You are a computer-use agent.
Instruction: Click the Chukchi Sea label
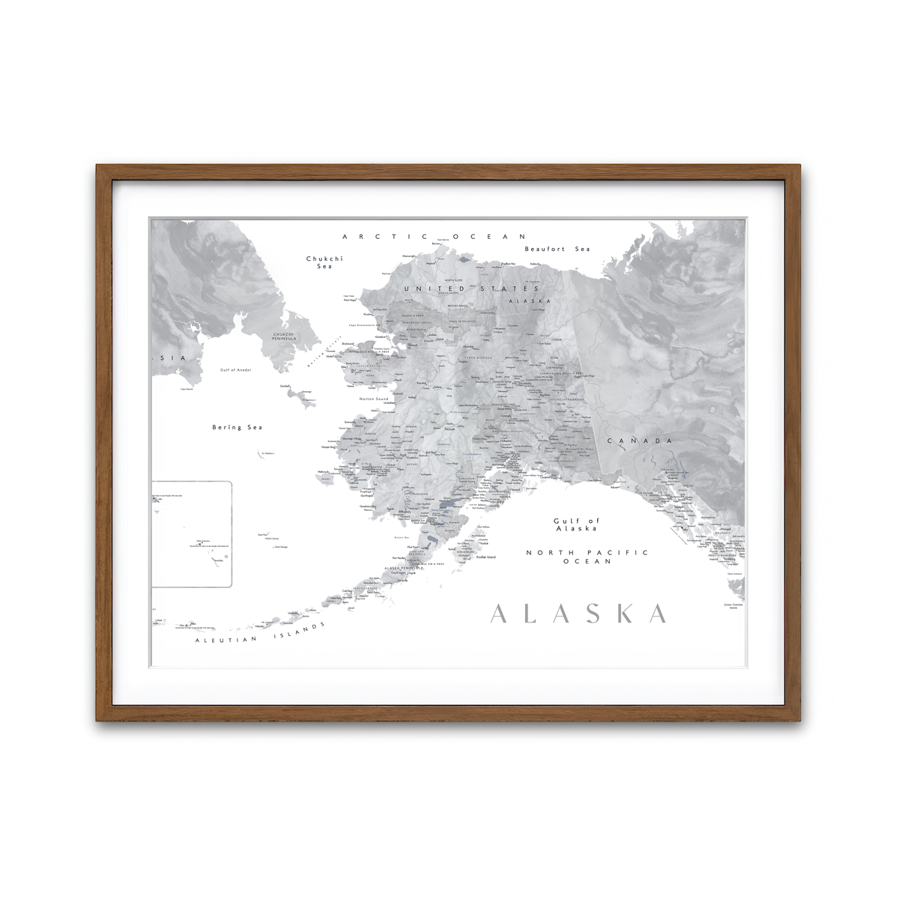324,262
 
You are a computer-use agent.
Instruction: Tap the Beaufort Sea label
557,249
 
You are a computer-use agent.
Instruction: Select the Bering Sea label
237,427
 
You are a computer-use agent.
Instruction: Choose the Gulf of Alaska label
576,524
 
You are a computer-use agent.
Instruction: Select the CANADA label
639,441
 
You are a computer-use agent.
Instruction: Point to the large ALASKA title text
578,614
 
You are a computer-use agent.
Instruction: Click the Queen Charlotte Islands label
733,606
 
